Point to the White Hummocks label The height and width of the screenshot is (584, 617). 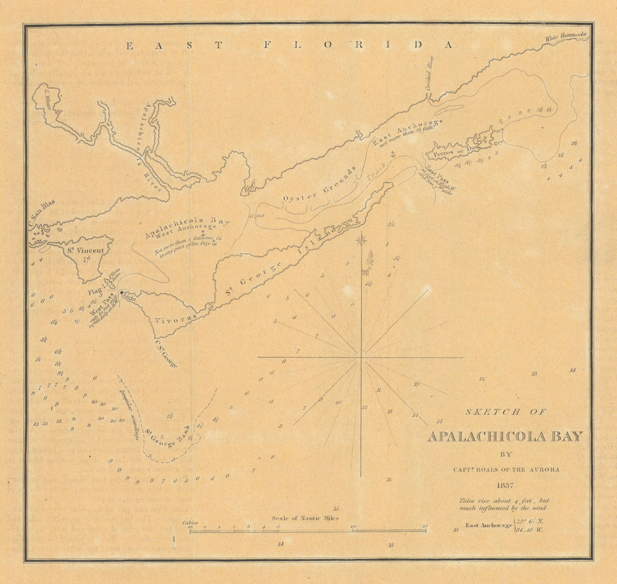point(566,38)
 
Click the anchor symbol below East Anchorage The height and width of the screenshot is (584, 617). point(391,154)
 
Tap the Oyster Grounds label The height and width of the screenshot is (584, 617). point(320,185)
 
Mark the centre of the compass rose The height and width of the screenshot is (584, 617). point(361,357)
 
